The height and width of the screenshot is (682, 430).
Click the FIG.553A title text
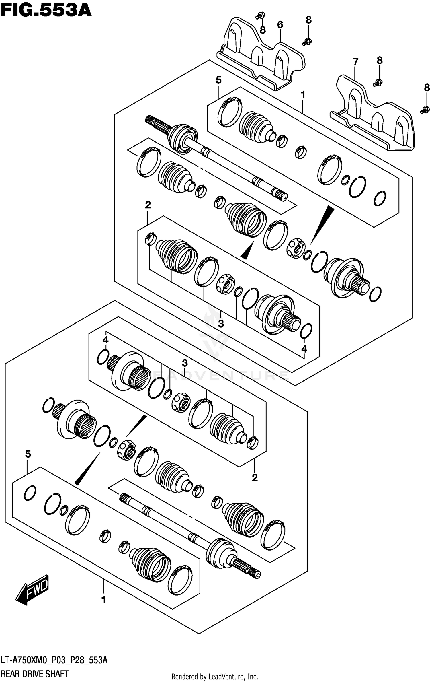pyautogui.click(x=46, y=11)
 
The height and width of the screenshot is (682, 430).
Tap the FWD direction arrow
pyautogui.click(x=32, y=590)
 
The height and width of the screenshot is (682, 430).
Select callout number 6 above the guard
pyautogui.click(x=280, y=25)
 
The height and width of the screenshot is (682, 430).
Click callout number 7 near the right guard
pyautogui.click(x=355, y=61)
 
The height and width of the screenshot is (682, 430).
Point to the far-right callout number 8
pyautogui.click(x=427, y=88)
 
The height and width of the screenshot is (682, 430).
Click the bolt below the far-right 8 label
pyautogui.click(x=425, y=109)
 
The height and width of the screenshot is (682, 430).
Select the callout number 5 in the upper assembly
pyautogui.click(x=218, y=81)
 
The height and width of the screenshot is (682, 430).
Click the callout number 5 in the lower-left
pyautogui.click(x=28, y=454)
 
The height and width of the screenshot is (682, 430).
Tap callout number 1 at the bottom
pyautogui.click(x=104, y=600)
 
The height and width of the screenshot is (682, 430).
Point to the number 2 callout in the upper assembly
pyautogui.click(x=148, y=205)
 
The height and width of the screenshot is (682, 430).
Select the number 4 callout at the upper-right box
pyautogui.click(x=304, y=349)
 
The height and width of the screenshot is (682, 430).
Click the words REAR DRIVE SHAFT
pyautogui.click(x=35, y=674)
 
